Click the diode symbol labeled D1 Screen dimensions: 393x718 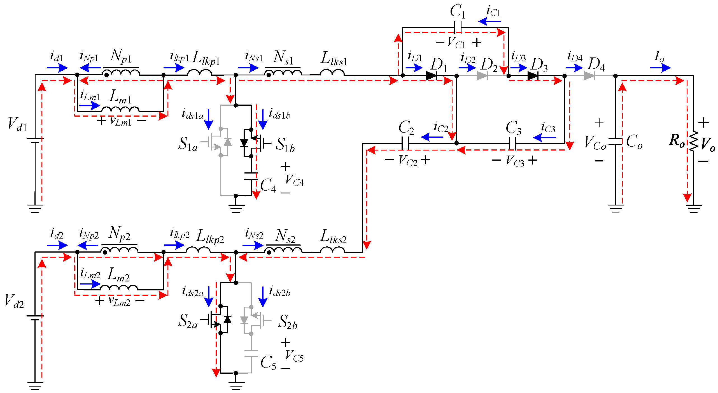[x=431, y=76]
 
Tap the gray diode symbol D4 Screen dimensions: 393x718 [x=589, y=76]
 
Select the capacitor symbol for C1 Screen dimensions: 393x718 [x=458, y=27]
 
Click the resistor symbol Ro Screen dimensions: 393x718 [x=694, y=142]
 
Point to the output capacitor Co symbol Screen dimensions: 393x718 [x=615, y=142]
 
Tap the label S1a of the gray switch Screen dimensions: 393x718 [x=188, y=144]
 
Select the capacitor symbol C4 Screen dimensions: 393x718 [x=251, y=176]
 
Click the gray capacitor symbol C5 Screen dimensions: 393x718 [x=251, y=353]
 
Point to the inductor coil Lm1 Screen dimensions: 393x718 [x=120, y=109]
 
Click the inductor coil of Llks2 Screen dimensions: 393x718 [x=332, y=250]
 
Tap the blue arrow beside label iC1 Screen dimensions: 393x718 [x=489, y=21]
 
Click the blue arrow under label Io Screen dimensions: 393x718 [x=660, y=68]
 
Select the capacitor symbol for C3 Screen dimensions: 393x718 [x=512, y=143]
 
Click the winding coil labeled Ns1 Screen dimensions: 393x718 [x=283, y=72]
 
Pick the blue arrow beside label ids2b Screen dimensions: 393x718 [x=262, y=297]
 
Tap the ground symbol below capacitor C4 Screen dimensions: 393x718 [x=236, y=208]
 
